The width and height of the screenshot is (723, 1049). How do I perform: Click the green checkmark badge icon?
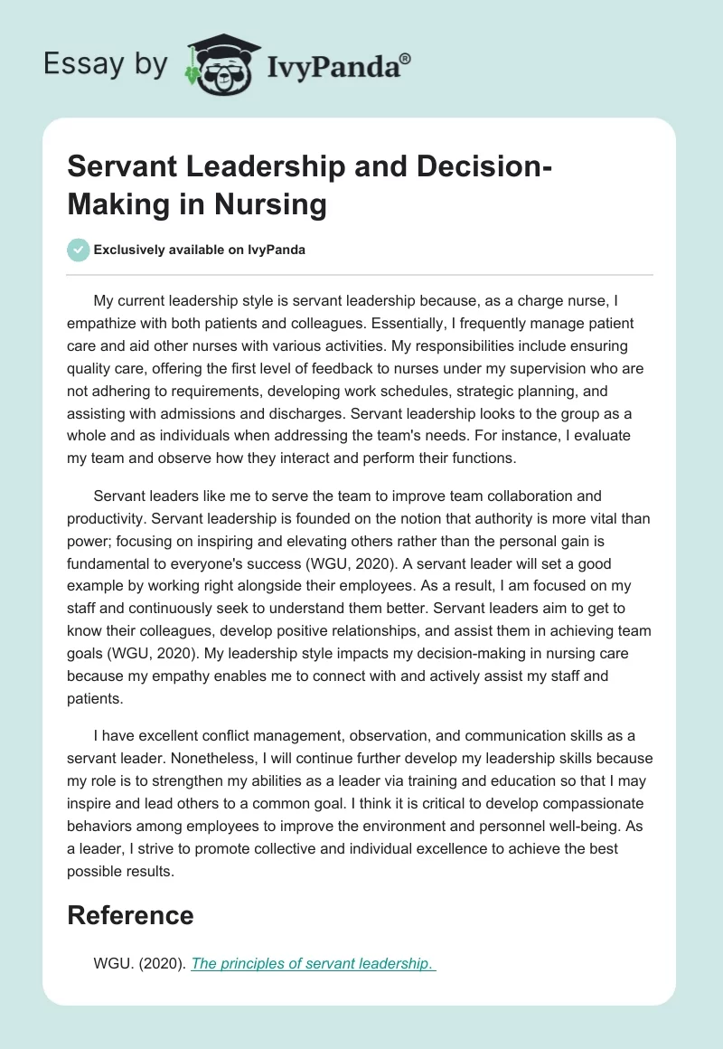[79, 250]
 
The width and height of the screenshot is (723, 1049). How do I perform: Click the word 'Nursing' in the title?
[270, 204]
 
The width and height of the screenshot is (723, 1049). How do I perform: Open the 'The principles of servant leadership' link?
[312, 964]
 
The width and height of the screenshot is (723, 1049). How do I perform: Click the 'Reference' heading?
[131, 914]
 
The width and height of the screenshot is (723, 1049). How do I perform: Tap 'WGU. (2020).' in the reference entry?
[139, 964]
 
